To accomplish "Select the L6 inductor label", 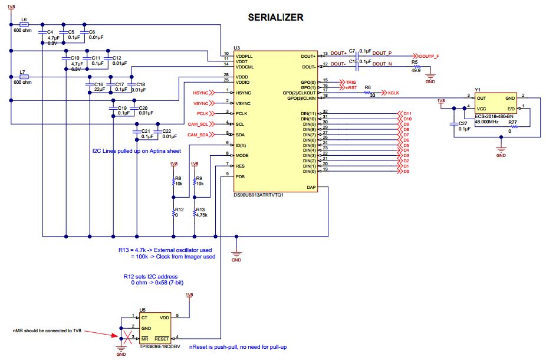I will click(x=24, y=19).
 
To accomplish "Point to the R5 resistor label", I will click(x=415, y=61).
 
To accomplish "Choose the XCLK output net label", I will click(x=394, y=93).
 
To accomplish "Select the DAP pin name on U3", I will click(x=313, y=187).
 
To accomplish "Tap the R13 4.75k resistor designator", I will click(x=199, y=210).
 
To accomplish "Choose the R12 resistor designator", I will click(x=179, y=210).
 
